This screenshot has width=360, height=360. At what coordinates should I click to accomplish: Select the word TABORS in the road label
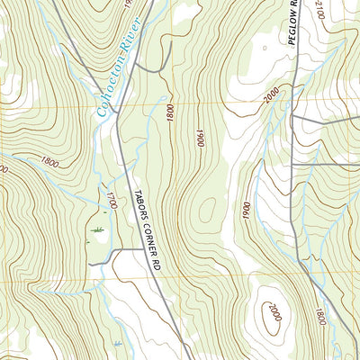(140, 206)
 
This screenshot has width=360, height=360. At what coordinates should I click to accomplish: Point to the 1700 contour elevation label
(112, 201)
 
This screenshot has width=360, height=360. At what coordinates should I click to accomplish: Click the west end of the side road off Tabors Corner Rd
(89, 264)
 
